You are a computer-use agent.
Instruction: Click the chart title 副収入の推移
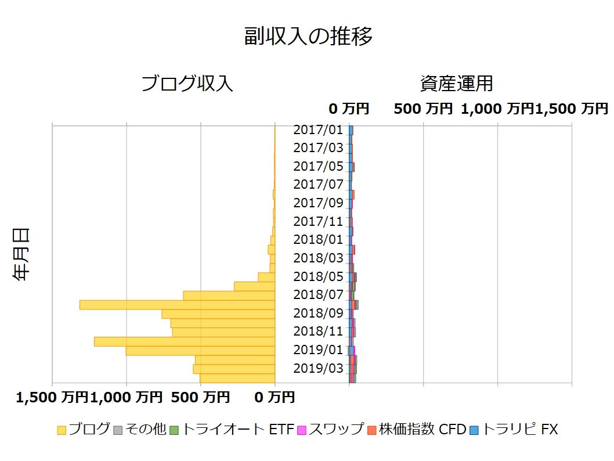[x=308, y=36]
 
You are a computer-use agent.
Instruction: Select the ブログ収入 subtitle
[x=187, y=84]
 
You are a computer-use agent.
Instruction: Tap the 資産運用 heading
[x=456, y=84]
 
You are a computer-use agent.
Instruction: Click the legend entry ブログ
[x=84, y=430]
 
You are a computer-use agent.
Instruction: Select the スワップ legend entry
[x=330, y=430]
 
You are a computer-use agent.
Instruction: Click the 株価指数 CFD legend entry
[x=417, y=430]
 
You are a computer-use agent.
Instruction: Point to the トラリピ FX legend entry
[x=513, y=430]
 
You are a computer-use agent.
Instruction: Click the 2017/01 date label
[x=319, y=129]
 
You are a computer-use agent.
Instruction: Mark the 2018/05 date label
[x=319, y=276]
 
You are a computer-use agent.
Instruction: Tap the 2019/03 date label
[x=319, y=368]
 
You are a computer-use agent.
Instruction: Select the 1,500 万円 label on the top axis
[x=572, y=109]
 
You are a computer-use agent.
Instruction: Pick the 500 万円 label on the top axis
[x=422, y=109]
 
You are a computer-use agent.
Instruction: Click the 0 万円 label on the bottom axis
[x=275, y=398]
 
